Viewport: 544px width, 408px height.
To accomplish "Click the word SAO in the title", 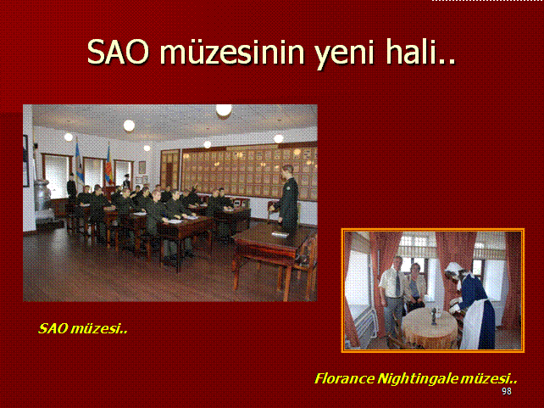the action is pos(118,52).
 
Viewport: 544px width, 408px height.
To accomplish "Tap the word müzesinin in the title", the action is pos(232,52).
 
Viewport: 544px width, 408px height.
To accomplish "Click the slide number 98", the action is pos(507,391).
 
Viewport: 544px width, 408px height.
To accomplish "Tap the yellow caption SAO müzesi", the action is pos(82,328).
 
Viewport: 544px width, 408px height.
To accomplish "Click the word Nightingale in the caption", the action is pos(418,379).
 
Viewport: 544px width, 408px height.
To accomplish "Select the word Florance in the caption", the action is pos(345,378).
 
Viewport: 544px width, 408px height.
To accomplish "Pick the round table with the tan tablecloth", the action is pos(430,328).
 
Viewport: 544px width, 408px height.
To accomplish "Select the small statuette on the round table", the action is pos(433,316).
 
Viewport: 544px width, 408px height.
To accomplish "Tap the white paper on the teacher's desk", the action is pos(280,234).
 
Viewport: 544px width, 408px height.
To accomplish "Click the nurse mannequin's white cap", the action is pos(452,267).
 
